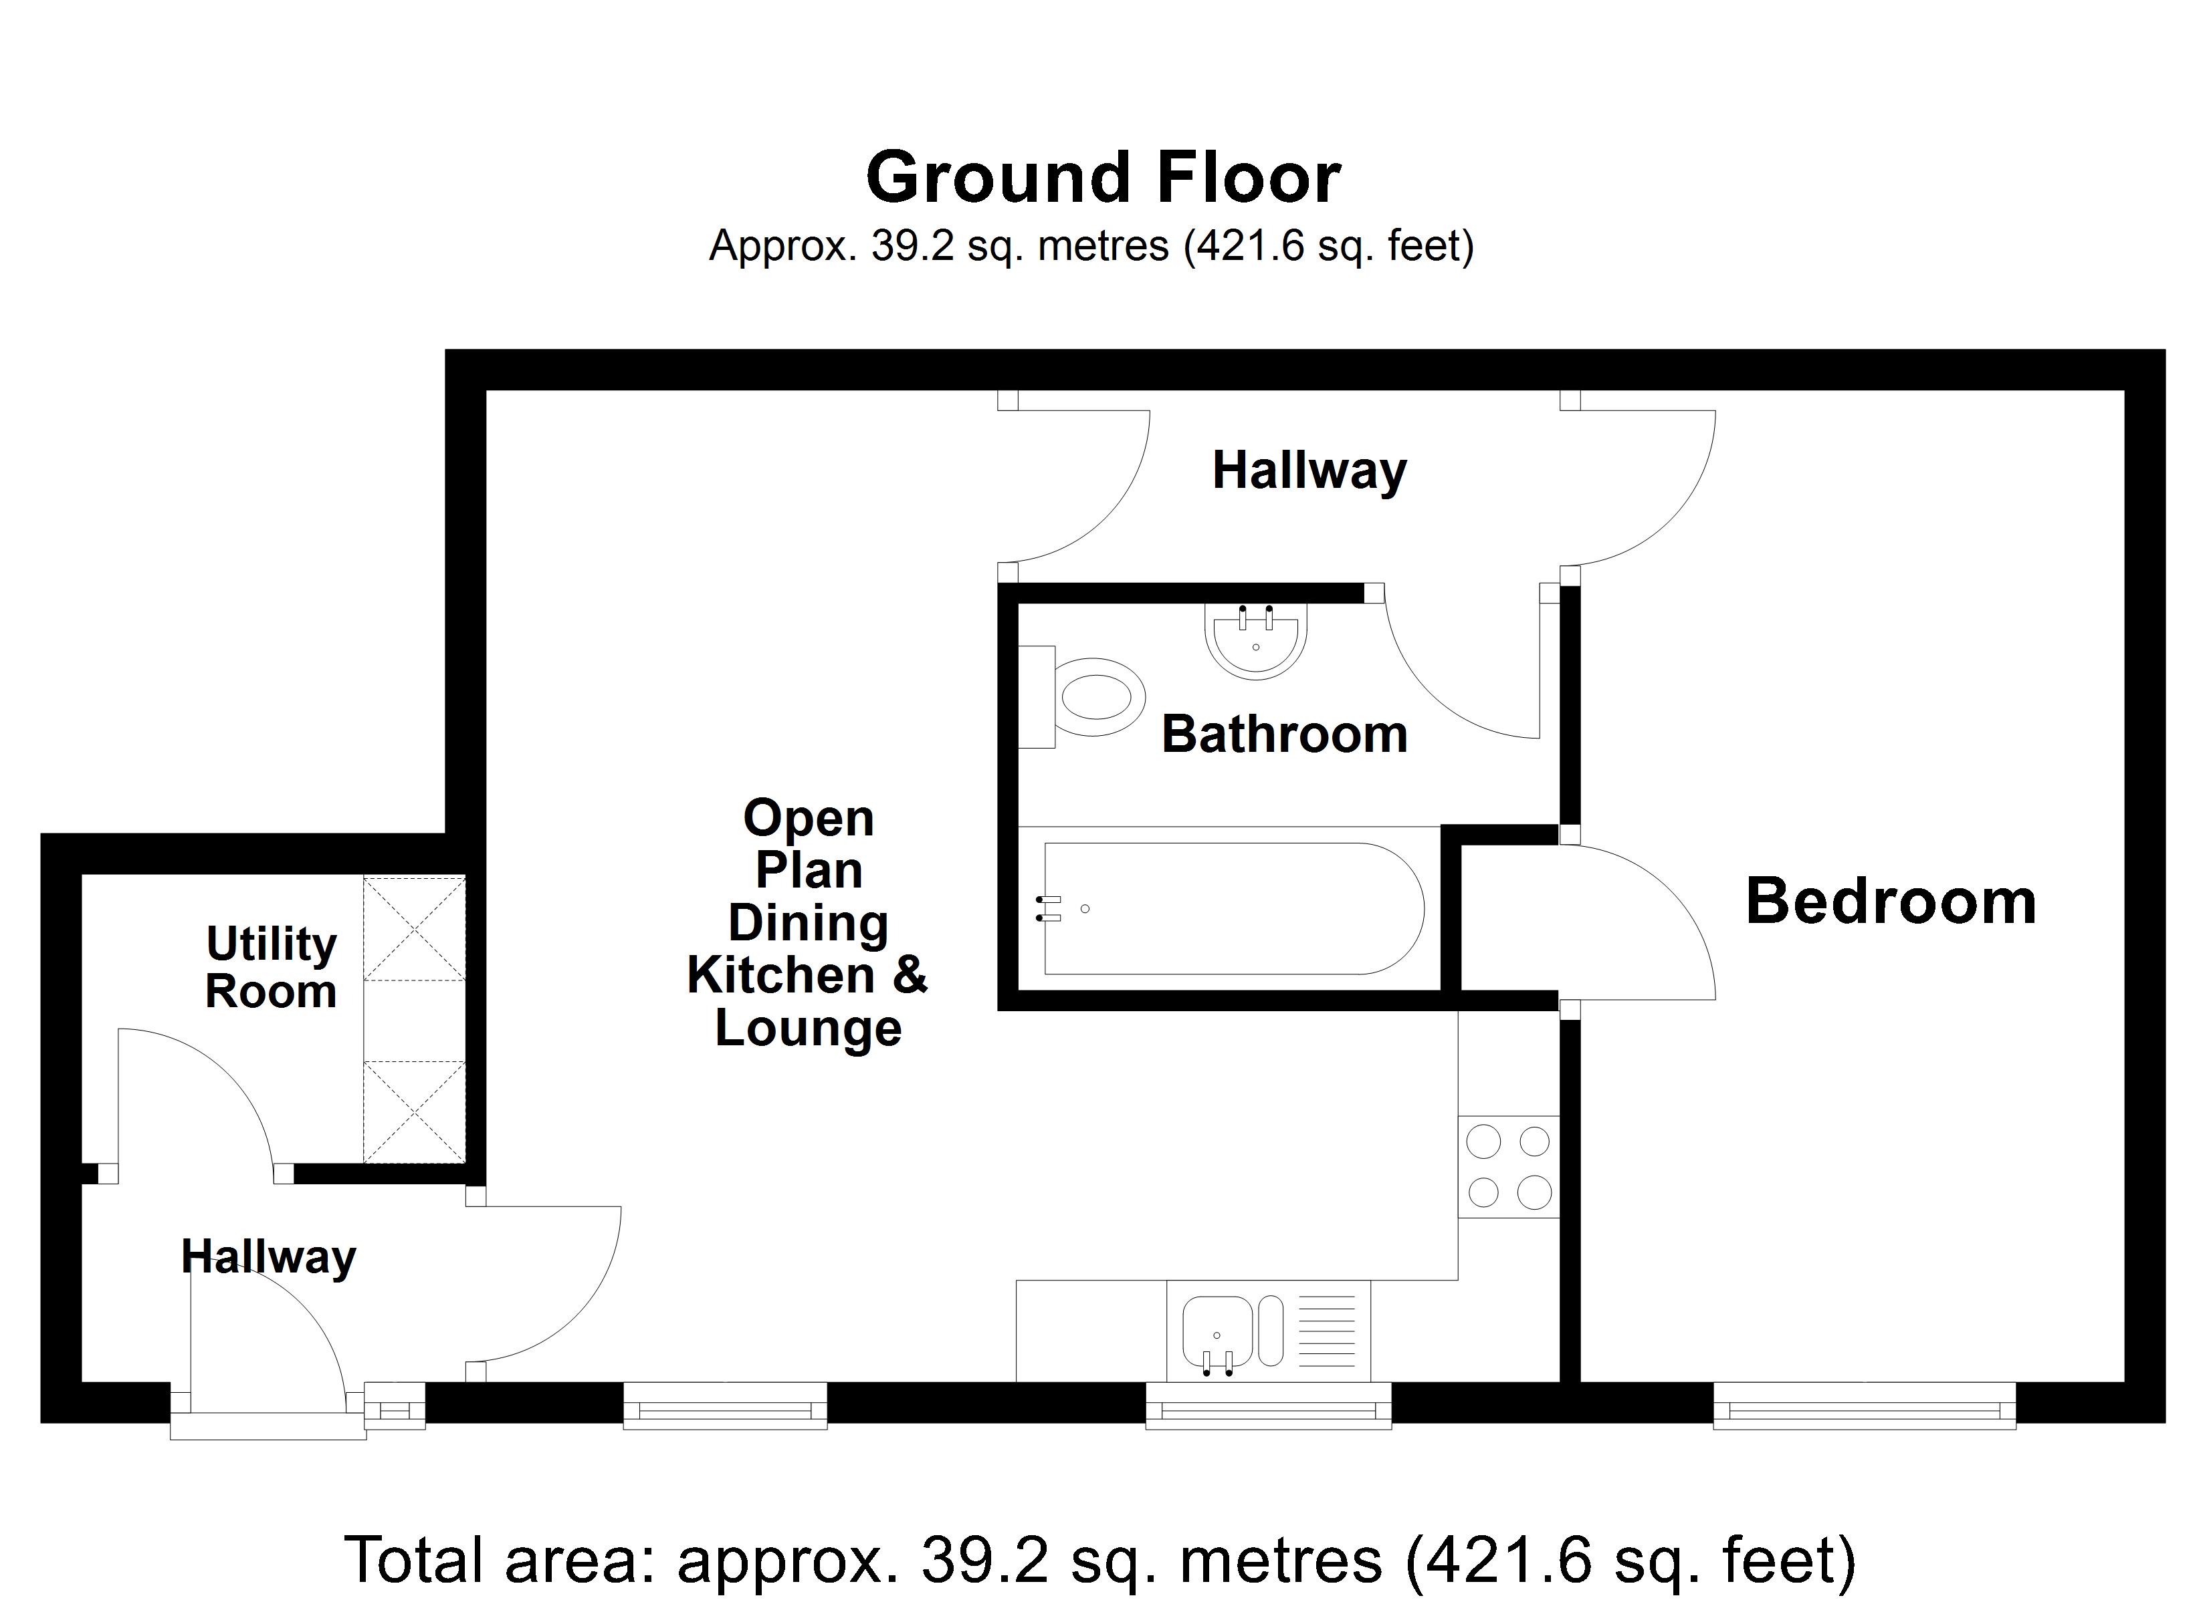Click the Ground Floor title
pos(1103,178)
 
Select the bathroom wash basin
pos(1255,641)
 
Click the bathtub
pos(1233,908)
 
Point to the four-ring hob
pos(1507,1166)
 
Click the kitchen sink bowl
pos(1217,1330)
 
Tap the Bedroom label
pos(1890,902)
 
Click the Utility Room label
pos(272,967)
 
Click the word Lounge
pos(808,1028)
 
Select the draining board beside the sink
pos(1326,1330)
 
